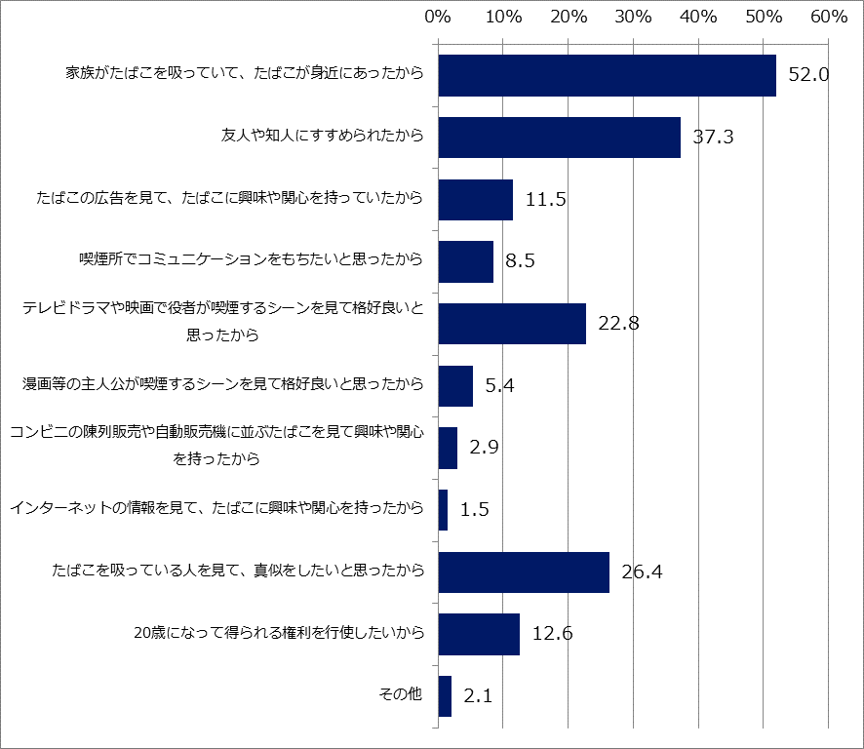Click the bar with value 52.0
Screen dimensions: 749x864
(607, 75)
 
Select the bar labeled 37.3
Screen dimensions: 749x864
(559, 137)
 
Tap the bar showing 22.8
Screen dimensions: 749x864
(512, 324)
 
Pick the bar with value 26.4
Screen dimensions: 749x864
(524, 572)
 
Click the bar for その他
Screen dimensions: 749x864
(445, 696)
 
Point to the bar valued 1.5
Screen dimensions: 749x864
(443, 510)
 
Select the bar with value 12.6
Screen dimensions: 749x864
(479, 634)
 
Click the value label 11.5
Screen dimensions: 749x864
(546, 200)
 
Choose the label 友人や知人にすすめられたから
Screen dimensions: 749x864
(323, 137)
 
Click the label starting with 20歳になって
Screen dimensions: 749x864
(279, 634)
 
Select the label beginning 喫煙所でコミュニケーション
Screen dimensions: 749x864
(252, 260)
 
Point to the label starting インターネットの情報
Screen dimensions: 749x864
(216, 509)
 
